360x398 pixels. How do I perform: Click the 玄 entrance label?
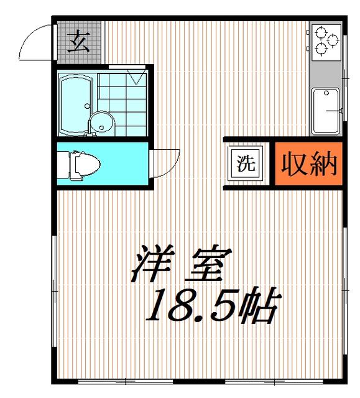click(79, 42)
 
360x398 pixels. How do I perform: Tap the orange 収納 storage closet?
click(309, 164)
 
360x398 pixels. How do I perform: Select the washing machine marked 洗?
click(246, 164)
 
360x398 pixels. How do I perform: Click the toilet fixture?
click(78, 165)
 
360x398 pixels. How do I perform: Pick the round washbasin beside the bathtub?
click(101, 122)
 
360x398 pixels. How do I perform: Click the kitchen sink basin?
click(326, 112)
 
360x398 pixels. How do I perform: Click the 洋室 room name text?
click(182, 264)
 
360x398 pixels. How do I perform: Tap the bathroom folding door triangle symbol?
click(137, 75)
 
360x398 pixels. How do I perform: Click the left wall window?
click(54, 291)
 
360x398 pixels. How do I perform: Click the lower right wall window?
click(345, 290)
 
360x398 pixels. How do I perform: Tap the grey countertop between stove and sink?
click(326, 75)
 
